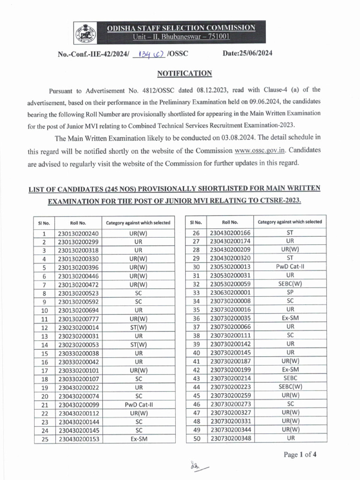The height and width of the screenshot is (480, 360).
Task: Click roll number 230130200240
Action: coord(78,233)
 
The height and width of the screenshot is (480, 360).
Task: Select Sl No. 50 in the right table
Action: coord(196,439)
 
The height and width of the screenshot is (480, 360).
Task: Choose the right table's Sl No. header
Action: coord(196,222)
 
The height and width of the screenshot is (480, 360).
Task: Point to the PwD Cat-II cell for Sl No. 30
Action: coord(290,267)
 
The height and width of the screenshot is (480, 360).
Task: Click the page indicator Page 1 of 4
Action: coord(300,454)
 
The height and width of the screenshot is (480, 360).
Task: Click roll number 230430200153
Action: coord(78,439)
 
